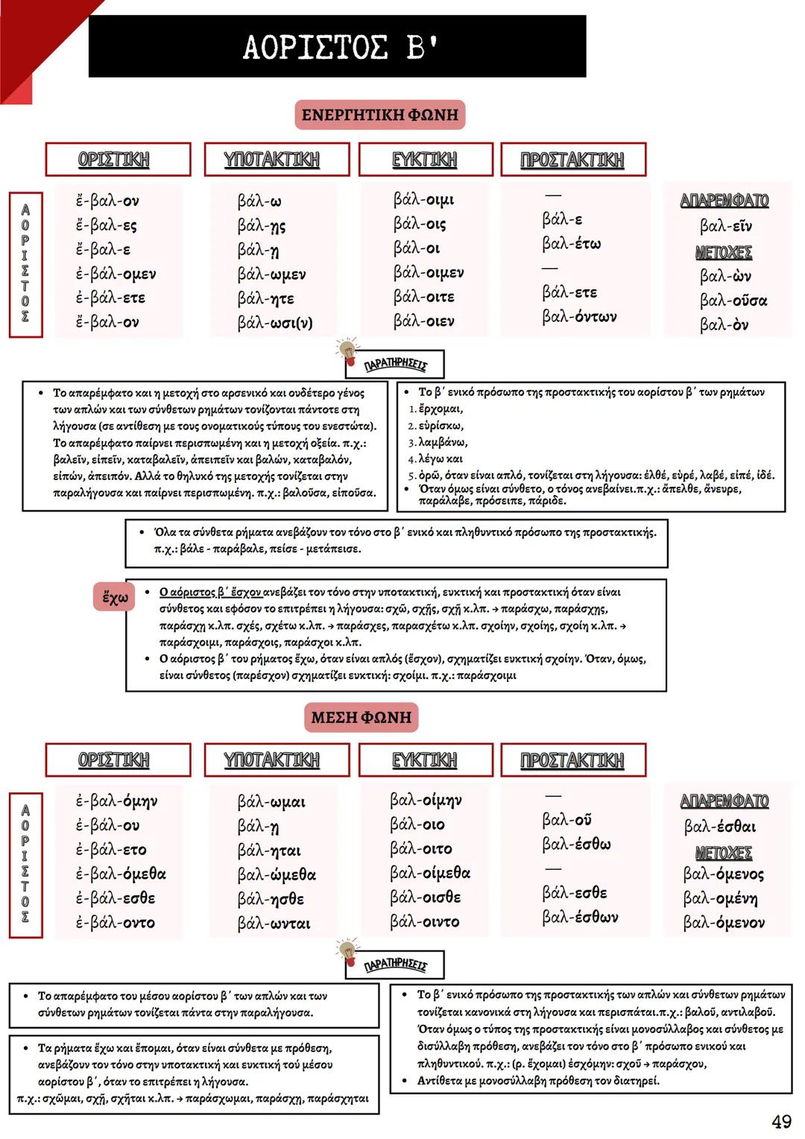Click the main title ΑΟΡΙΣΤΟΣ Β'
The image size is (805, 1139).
tap(340, 47)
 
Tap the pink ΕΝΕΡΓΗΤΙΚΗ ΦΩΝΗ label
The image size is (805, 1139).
tap(379, 115)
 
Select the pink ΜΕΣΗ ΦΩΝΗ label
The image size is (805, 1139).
tap(361, 717)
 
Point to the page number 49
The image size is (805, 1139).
tap(781, 1121)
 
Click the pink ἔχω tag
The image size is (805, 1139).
tap(115, 597)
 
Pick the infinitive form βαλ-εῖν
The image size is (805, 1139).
tap(725, 226)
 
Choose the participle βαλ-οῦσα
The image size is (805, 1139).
tap(733, 300)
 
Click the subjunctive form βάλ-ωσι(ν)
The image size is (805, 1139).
tap(275, 323)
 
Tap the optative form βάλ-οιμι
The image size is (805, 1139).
tap(423, 200)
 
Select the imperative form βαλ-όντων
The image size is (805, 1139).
tap(579, 317)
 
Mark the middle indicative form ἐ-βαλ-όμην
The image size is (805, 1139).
tap(116, 801)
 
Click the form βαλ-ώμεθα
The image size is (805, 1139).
tap(277, 874)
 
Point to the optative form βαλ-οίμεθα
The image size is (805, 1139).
tap(430, 873)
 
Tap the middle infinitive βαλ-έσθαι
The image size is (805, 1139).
tap(719, 826)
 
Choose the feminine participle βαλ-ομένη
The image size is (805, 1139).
tap(720, 898)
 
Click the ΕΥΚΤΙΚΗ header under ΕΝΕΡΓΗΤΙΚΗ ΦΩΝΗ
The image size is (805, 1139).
tap(425, 160)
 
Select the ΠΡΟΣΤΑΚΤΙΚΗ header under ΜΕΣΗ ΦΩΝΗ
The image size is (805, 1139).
tap(572, 760)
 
